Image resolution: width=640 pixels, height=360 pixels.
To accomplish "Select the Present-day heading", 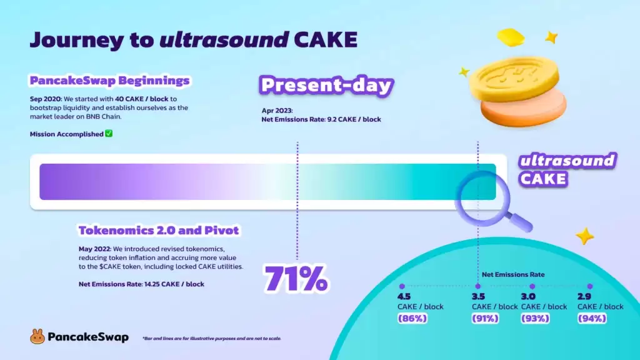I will (326, 86).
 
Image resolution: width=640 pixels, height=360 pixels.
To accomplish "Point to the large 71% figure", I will (296, 279).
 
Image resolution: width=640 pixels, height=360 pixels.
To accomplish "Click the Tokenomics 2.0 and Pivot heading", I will (159, 230).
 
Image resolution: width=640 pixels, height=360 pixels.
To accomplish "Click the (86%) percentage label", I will (412, 318).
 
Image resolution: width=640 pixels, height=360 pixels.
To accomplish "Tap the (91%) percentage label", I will (486, 318).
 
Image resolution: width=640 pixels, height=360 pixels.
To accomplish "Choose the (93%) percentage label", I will (536, 318).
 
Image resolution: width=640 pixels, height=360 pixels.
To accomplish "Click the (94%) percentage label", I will (592, 318).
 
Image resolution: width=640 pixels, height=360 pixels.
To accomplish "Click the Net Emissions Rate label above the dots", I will (512, 274).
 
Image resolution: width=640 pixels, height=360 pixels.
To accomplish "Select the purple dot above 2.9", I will (589, 286).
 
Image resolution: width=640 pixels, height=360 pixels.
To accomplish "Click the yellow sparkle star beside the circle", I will (585, 236).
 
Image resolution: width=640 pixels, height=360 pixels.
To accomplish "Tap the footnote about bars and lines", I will (211, 338).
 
